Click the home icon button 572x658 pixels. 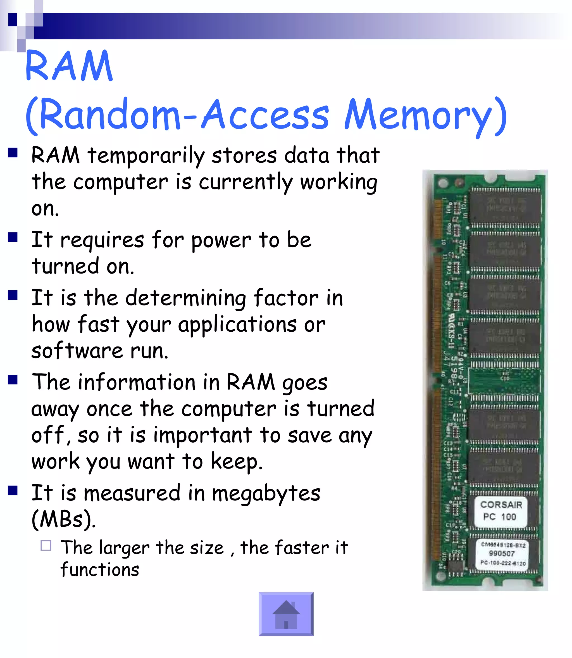pos(286,614)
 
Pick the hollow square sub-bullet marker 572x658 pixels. pos(46,546)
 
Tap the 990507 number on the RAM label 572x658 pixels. pos(502,554)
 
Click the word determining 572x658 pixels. pos(185,298)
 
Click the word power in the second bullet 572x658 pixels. pos(221,240)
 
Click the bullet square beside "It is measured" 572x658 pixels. pos(13,490)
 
